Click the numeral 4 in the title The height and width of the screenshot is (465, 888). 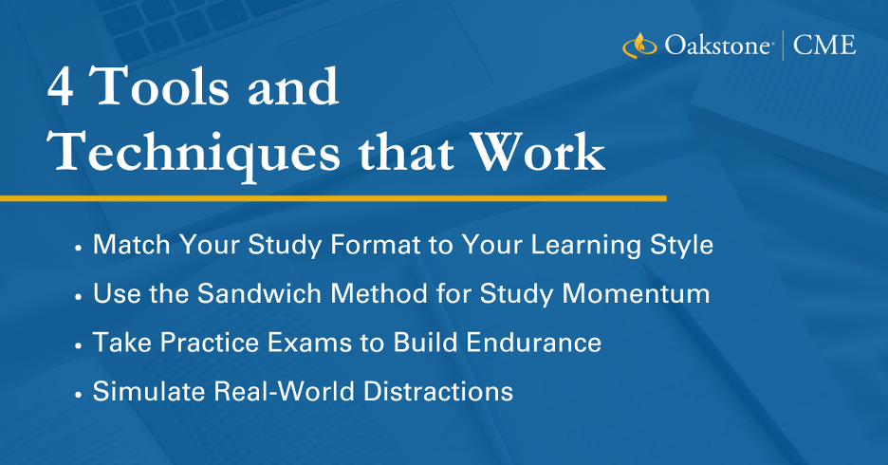click(x=61, y=86)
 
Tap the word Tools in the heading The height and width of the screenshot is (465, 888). click(x=159, y=86)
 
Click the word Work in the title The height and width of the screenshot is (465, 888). click(x=538, y=151)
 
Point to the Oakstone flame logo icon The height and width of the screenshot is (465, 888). click(x=639, y=46)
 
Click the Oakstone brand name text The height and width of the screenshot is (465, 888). click(x=717, y=46)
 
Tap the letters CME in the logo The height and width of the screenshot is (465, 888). click(x=824, y=46)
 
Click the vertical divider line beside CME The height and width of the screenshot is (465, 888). click(x=783, y=46)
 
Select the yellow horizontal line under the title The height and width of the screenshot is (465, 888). click(x=333, y=198)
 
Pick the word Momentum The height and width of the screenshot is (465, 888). click(x=636, y=293)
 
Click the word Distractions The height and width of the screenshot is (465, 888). click(x=438, y=391)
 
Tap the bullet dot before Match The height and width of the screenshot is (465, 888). click(x=78, y=248)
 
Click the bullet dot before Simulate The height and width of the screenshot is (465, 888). click(x=78, y=394)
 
